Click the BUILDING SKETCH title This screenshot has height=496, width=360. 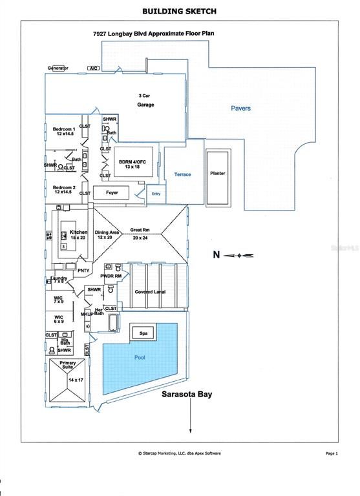(180, 11)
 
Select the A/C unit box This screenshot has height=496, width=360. (92, 68)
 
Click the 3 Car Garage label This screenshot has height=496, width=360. (145, 100)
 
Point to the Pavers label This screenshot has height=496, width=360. (241, 108)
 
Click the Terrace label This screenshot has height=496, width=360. (182, 174)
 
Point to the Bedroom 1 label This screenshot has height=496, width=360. (64, 132)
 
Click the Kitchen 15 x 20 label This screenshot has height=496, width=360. (78, 234)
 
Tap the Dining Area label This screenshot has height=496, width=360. (107, 234)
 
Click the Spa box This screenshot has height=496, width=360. (143, 333)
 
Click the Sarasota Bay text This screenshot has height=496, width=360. (187, 394)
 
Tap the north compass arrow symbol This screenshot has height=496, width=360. (239, 256)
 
